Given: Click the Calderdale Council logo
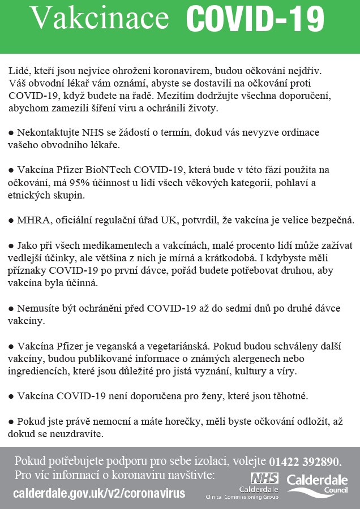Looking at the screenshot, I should point(318,484).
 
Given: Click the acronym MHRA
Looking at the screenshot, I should point(33,220).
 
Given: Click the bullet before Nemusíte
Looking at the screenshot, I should point(11,308).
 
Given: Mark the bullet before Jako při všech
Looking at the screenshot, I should point(11,245).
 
